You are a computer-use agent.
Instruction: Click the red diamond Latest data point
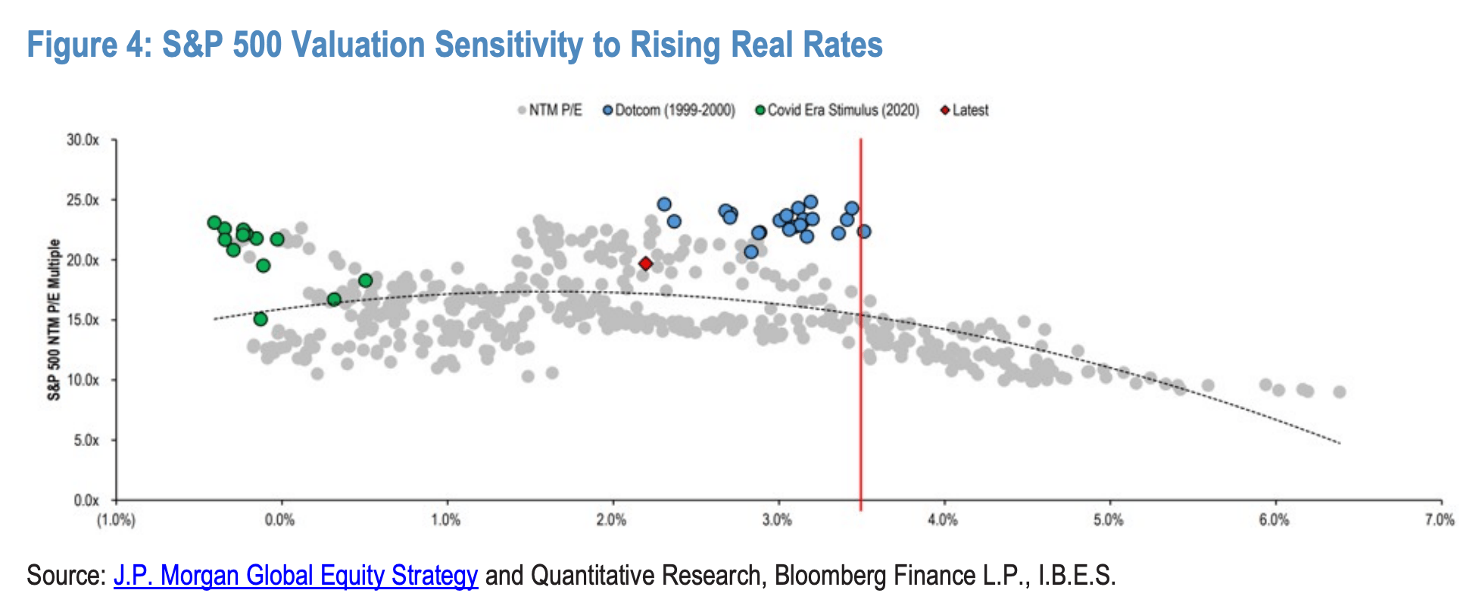pos(645,264)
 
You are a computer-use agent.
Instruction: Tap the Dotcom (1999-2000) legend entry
pos(669,111)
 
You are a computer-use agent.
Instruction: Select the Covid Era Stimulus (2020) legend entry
pos(838,111)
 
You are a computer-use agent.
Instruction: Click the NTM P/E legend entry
pos(550,111)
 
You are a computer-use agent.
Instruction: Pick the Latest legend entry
pos(964,111)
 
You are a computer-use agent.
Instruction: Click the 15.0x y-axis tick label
pos(83,320)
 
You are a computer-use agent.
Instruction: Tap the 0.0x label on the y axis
pos(86,501)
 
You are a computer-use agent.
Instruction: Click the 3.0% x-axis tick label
pos(778,520)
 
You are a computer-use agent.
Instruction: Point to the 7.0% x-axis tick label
pos(1440,520)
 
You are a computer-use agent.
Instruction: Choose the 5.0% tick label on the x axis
pos(1109,520)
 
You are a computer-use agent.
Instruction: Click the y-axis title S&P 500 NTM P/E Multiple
pos(55,320)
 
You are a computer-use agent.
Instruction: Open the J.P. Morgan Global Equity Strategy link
pos(296,576)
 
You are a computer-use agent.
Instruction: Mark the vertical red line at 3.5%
pos(860,319)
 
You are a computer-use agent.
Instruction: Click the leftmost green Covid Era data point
pos(214,223)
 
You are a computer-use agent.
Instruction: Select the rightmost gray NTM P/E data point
pos(1340,392)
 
